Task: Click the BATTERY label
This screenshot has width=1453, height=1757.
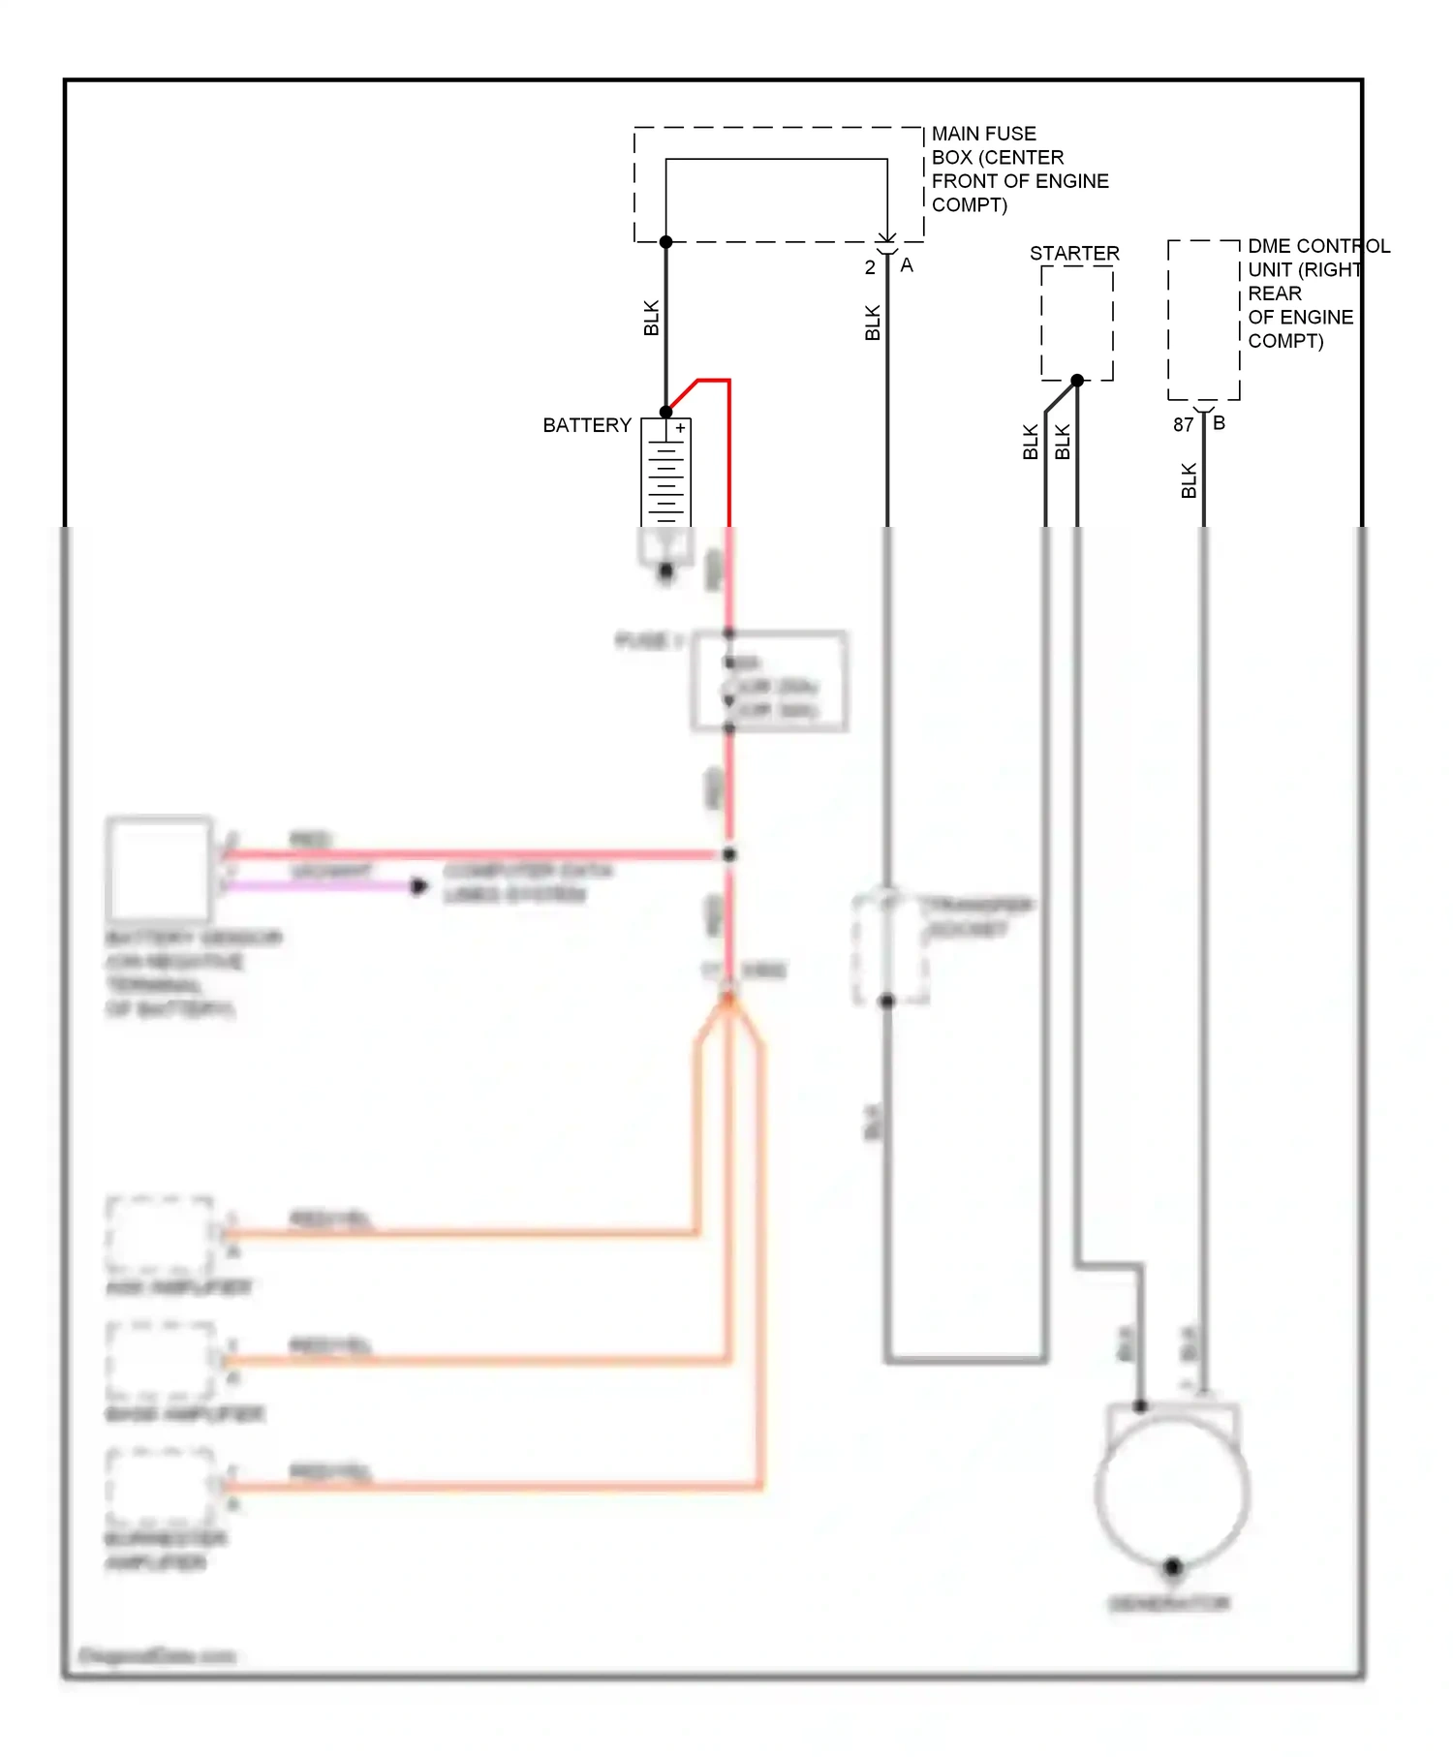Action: click(586, 425)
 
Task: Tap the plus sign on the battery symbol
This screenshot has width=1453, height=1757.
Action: click(681, 428)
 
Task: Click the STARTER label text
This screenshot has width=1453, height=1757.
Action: click(1073, 253)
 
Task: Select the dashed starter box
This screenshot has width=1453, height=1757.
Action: click(1076, 323)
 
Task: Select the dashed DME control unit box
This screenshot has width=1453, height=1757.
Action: click(1203, 320)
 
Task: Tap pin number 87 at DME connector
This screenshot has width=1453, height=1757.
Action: click(1183, 424)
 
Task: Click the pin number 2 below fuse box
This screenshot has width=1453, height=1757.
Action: click(870, 267)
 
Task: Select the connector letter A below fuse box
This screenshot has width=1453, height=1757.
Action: click(907, 265)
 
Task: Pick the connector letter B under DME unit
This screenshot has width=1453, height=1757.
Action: click(1219, 423)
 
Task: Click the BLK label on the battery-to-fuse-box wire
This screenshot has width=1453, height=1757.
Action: click(651, 318)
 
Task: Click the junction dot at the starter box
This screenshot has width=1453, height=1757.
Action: click(1077, 381)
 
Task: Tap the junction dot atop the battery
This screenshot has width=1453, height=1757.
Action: click(665, 412)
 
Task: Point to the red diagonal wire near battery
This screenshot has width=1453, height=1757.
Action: click(683, 394)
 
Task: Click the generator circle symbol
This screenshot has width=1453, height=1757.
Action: click(1172, 1492)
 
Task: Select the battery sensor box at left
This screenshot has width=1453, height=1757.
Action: click(160, 869)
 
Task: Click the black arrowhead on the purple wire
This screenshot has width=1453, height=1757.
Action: click(418, 886)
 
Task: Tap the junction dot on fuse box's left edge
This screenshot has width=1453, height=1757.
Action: click(665, 241)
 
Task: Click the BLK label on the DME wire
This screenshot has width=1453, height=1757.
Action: click(1189, 480)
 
